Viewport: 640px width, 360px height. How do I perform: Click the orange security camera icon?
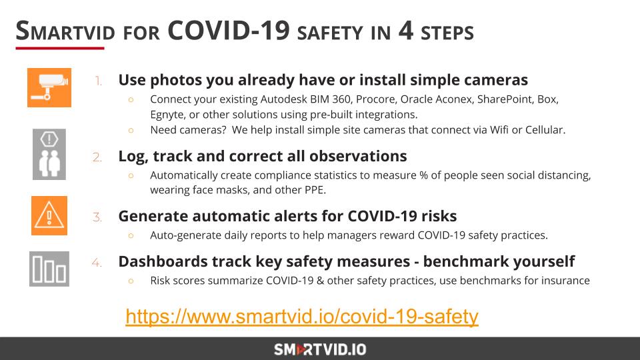(49, 87)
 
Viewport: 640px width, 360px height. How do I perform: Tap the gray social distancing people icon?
(49, 154)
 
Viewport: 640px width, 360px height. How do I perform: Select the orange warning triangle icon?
(49, 215)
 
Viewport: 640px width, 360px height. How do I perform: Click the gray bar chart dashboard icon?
(49, 268)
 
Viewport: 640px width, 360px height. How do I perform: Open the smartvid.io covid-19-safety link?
(302, 317)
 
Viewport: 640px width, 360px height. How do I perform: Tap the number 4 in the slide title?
(406, 31)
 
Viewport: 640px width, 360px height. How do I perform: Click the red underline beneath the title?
(60, 48)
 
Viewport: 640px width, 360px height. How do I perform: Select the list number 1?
(98, 81)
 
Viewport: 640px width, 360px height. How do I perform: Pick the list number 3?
(97, 217)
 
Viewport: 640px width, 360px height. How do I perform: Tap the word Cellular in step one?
(542, 130)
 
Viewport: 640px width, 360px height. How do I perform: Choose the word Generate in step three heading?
(152, 216)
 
